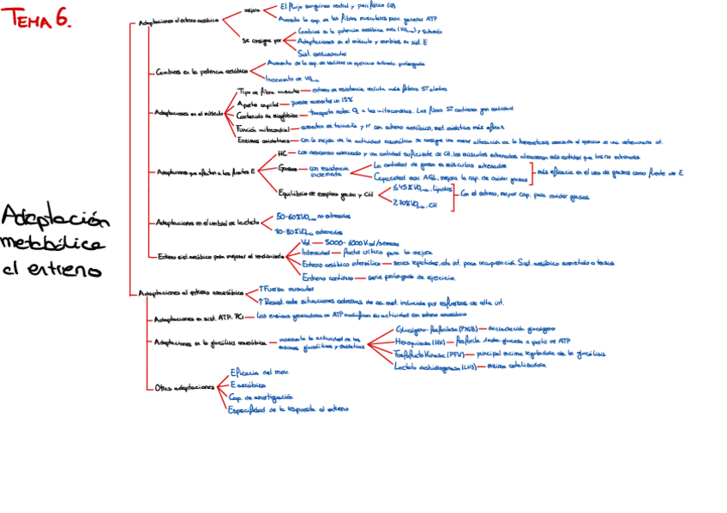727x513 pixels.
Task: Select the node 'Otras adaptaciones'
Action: tap(184, 388)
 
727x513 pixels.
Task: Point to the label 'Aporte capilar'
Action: tap(259, 102)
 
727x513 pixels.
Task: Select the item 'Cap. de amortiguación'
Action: tap(261, 397)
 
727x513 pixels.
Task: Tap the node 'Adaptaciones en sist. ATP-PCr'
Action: tap(197, 318)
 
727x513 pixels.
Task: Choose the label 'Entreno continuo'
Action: tap(327, 277)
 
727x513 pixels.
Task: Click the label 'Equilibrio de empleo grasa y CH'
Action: tap(327, 194)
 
